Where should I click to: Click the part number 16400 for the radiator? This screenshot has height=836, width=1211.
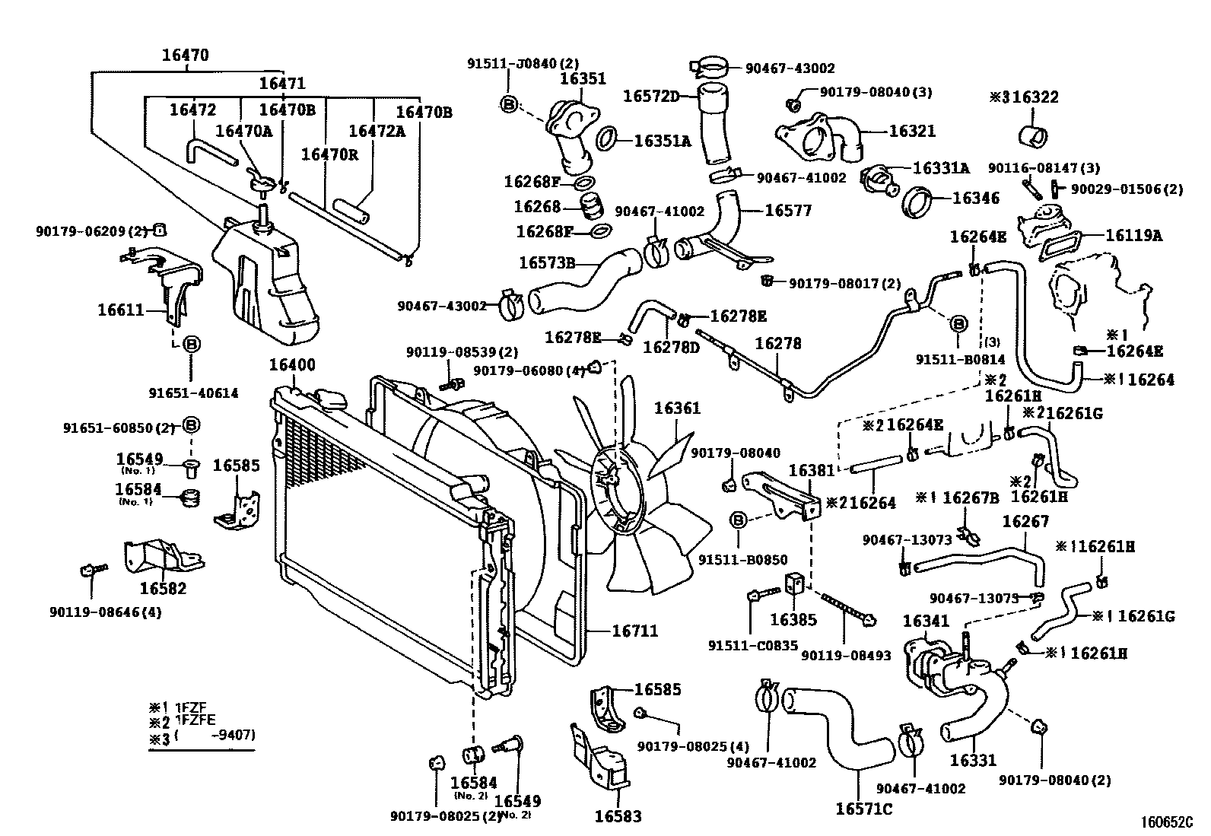291,364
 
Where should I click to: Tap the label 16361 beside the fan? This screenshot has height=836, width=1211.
677,408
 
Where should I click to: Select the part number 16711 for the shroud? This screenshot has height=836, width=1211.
634,631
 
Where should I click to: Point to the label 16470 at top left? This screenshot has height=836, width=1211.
185,55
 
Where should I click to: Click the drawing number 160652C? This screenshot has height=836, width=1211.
1166,822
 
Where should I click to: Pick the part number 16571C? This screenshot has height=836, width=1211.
863,809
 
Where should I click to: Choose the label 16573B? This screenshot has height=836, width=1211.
546,263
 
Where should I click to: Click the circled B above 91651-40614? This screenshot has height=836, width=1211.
192,345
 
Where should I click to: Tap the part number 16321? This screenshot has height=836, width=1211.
912,131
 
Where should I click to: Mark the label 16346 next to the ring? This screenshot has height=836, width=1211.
975,199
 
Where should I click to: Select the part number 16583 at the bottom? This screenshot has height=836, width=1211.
618,816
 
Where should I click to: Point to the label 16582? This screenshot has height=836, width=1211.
163,588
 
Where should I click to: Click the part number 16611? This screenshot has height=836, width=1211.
121,310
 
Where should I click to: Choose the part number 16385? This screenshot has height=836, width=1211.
793,619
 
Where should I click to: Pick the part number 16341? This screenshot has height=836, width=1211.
926,621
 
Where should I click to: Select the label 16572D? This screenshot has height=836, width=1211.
650,96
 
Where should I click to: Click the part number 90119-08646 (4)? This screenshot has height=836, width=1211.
115,611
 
